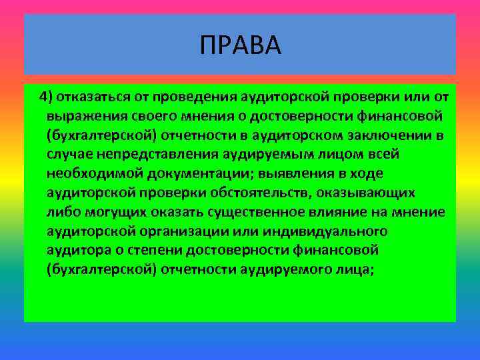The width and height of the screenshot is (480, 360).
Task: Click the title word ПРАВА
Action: [x=240, y=46]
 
